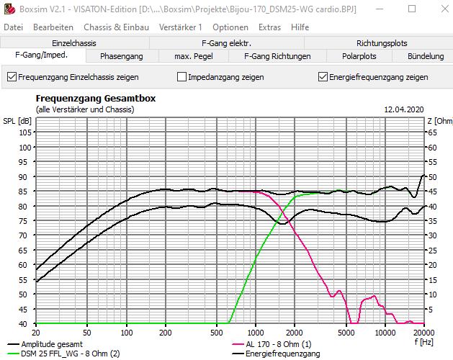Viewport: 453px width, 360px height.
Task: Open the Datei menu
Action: pyautogui.click(x=13, y=27)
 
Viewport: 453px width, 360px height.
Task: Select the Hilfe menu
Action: pyautogui.click(x=300, y=27)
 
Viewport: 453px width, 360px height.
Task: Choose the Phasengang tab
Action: pyautogui.click(x=121, y=56)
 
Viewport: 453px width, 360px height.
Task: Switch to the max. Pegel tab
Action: pyautogui.click(x=194, y=56)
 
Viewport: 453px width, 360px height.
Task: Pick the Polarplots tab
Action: pyautogui.click(x=359, y=56)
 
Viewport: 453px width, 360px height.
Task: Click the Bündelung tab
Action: pyautogui.click(x=425, y=56)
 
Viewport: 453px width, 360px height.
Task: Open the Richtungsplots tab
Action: pyautogui.click(x=382, y=43)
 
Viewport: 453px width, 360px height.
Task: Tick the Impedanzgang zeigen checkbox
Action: pyautogui.click(x=182, y=77)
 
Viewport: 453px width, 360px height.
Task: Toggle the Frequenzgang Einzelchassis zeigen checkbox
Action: pyautogui.click(x=12, y=77)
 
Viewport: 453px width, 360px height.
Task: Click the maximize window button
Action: pyautogui.click(x=411, y=9)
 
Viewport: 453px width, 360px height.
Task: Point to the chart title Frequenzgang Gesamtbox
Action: pyautogui.click(x=96, y=99)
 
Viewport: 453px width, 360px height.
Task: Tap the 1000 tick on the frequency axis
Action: pyautogui.click(x=256, y=333)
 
